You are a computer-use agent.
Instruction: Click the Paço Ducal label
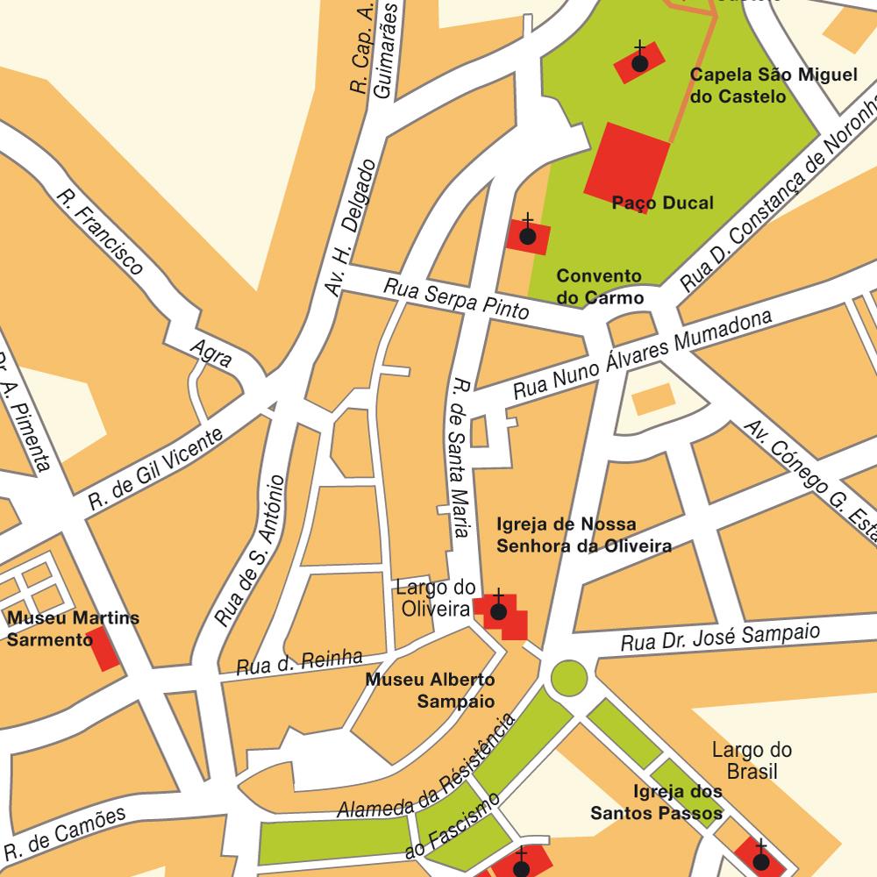pyautogui.click(x=662, y=203)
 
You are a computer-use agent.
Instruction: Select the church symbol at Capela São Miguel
pyautogui.click(x=639, y=63)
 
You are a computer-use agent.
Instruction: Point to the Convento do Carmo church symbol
pyautogui.click(x=528, y=236)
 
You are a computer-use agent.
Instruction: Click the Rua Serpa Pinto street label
pyautogui.click(x=456, y=298)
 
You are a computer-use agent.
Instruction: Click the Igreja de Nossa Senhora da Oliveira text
pyautogui.click(x=583, y=535)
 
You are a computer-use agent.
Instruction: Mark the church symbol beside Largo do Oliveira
pyautogui.click(x=498, y=611)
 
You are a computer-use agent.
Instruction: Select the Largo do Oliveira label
pyautogui.click(x=436, y=597)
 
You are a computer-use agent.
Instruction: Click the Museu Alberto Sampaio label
pyautogui.click(x=431, y=690)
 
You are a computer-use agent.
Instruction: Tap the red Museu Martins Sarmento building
pyautogui.click(x=107, y=649)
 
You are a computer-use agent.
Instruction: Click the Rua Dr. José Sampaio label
pyautogui.click(x=720, y=638)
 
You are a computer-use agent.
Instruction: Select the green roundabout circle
pyautogui.click(x=568, y=677)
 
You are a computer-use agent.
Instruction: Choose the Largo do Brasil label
pyautogui.click(x=752, y=760)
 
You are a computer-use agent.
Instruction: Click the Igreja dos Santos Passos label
pyautogui.click(x=656, y=802)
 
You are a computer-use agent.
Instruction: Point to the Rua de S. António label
pyautogui.click(x=250, y=551)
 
